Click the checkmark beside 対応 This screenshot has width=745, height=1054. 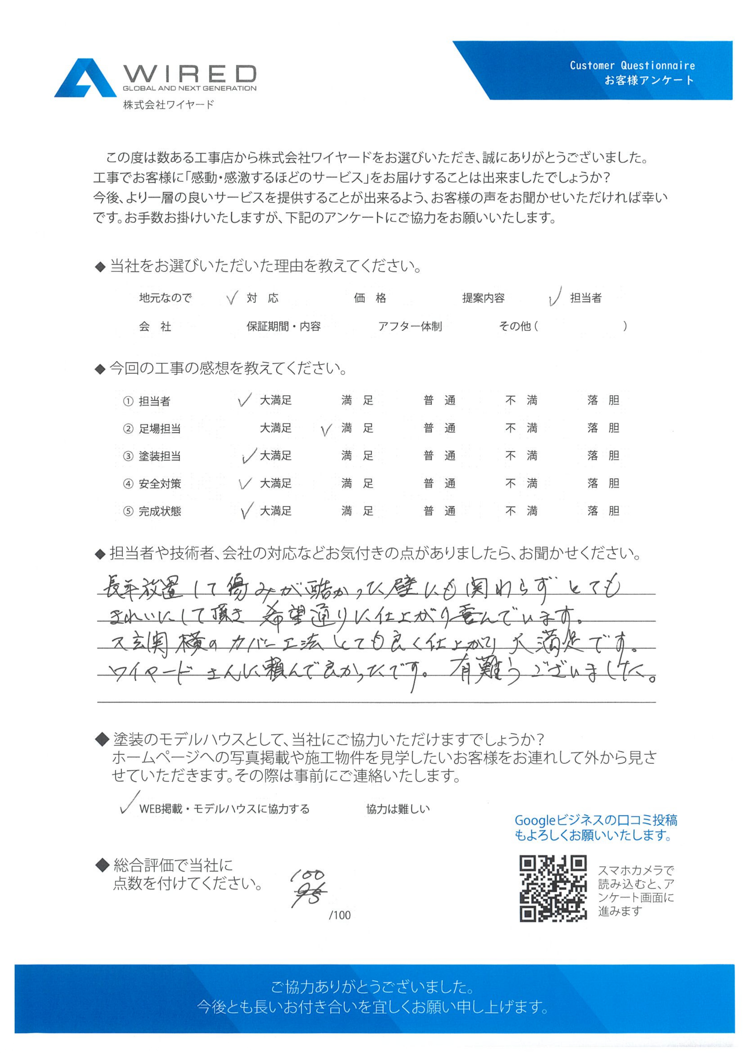point(233,298)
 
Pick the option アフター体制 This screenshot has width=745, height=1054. point(410,326)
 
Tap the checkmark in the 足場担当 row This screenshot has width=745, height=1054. point(326,430)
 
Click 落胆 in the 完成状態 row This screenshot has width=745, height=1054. point(603,511)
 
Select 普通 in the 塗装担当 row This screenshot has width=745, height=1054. point(439,456)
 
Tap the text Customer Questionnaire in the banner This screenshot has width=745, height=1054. point(632,66)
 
